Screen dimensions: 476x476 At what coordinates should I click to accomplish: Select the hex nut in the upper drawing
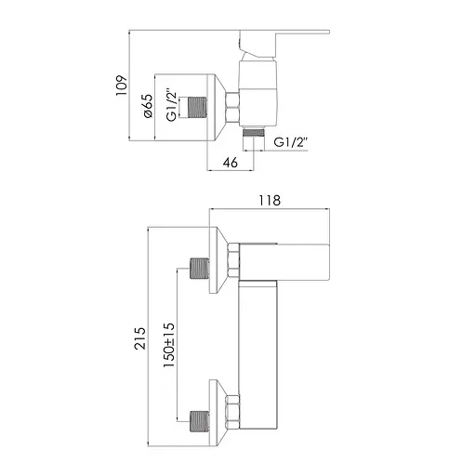tap(233, 107)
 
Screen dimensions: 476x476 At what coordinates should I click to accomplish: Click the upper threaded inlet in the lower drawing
tap(197, 270)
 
